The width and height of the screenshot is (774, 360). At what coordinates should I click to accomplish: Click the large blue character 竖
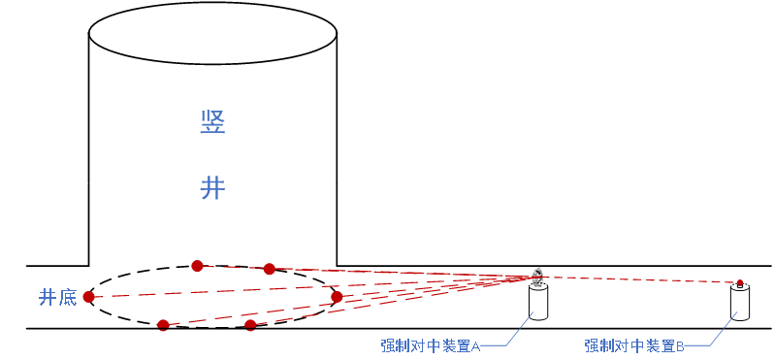coord(212,122)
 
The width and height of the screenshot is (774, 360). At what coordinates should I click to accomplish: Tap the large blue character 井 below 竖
coord(212,187)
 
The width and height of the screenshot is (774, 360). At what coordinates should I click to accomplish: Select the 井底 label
coord(57,297)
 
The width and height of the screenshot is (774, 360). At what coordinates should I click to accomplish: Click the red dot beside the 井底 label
coord(88,297)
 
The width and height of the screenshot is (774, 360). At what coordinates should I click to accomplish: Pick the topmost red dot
coord(197,266)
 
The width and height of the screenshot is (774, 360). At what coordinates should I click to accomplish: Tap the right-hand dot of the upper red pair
coord(269,269)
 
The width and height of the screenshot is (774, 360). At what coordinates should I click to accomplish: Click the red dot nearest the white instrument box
coord(337,297)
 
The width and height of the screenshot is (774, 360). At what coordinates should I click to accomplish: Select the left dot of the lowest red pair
coord(163,325)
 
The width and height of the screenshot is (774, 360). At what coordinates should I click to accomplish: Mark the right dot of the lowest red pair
coord(250,325)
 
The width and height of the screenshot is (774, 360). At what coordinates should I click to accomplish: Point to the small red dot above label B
coord(740,282)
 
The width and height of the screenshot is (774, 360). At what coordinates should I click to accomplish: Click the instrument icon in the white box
coord(538,278)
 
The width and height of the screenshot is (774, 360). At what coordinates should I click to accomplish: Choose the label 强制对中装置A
coord(431,345)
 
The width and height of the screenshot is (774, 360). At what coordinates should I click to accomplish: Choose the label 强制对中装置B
coord(634,345)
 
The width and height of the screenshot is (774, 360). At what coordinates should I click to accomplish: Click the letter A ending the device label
coord(476,346)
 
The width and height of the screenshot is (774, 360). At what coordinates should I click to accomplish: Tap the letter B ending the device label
coord(680,346)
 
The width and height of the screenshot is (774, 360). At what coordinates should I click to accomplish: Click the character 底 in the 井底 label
coord(67,297)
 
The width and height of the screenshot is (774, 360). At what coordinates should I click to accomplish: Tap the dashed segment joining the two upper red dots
coord(233,267)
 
